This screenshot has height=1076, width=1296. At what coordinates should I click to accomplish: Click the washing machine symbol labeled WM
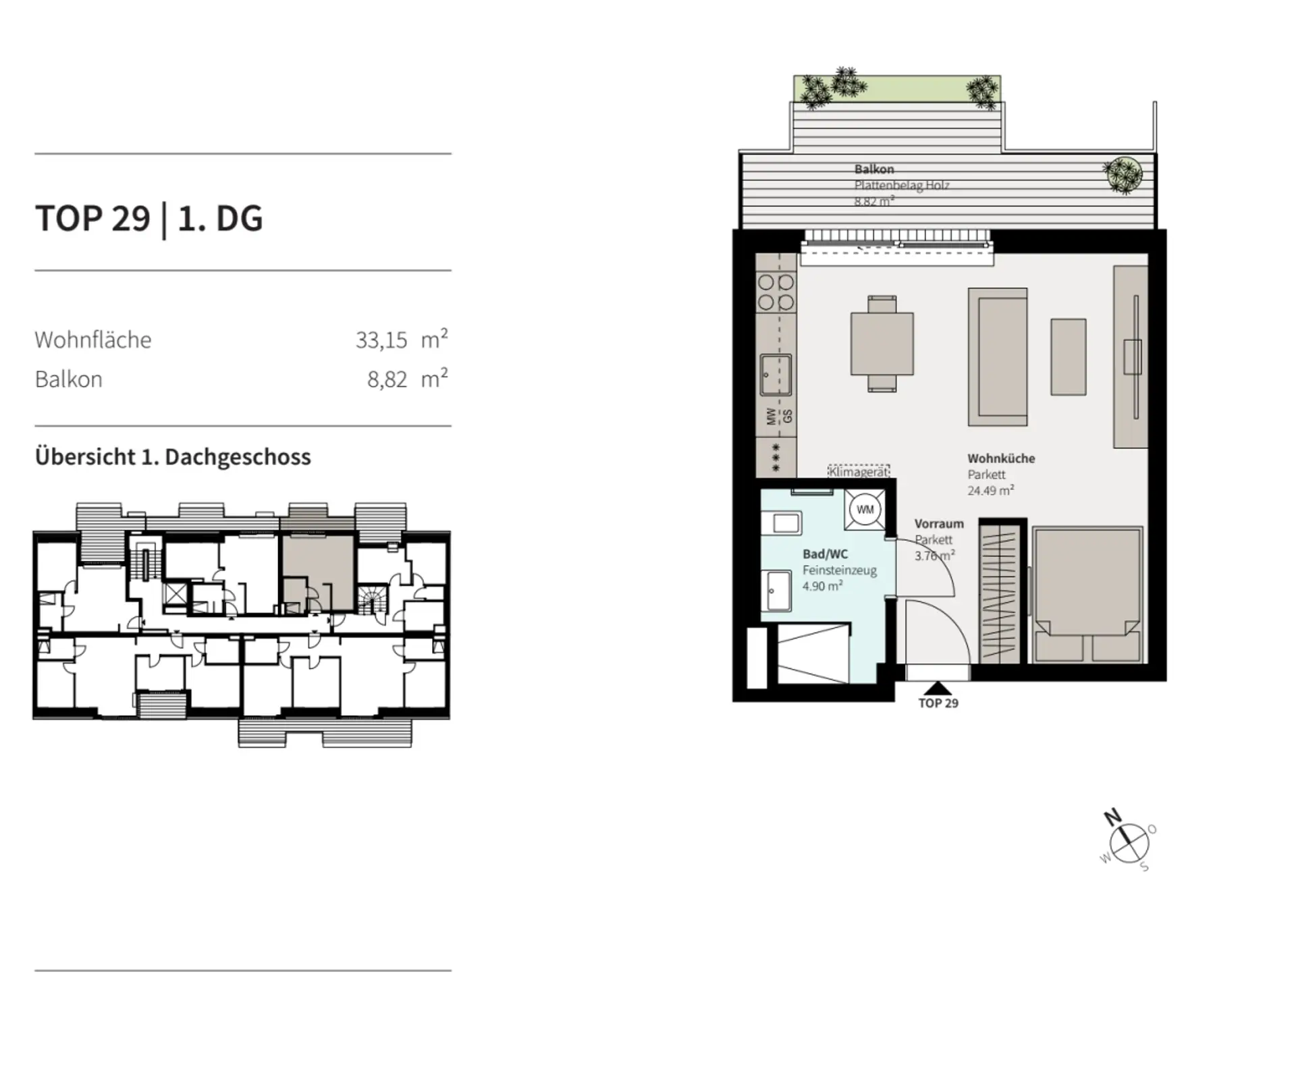[x=865, y=510]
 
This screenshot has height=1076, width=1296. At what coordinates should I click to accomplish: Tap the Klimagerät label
[x=859, y=471]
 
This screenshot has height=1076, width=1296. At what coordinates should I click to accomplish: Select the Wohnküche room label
[x=1001, y=458]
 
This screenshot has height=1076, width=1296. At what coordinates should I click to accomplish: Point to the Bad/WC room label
[x=825, y=554]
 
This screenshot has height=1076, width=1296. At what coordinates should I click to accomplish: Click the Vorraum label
[x=939, y=523]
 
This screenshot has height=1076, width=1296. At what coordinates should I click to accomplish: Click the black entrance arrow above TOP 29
[x=938, y=688]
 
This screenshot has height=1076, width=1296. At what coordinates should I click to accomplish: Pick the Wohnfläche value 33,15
[x=381, y=340]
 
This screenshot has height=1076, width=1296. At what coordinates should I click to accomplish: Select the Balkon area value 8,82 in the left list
[x=387, y=379]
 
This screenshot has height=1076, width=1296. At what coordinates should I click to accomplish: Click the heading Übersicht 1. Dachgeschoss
[x=173, y=457]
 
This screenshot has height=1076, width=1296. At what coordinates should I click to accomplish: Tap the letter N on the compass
[x=1112, y=817]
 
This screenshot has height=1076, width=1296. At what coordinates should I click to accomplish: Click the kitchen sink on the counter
[x=776, y=375]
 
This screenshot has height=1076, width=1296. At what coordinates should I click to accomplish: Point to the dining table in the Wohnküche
[x=882, y=344]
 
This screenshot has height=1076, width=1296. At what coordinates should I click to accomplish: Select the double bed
[x=1087, y=595]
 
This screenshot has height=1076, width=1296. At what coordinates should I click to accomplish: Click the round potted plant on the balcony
[x=1123, y=175]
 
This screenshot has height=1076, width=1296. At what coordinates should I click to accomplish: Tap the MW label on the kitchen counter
[x=771, y=416]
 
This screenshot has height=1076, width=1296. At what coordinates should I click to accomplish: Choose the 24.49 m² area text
[x=990, y=491]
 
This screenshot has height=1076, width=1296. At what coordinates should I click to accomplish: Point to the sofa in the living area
[x=998, y=357]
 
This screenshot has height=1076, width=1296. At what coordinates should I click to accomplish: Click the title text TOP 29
[x=92, y=218]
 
